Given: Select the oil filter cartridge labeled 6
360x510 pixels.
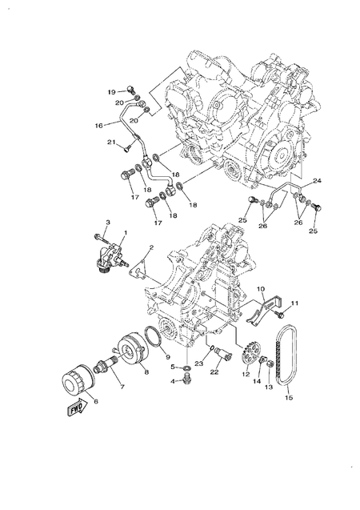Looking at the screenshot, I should click(x=74, y=381).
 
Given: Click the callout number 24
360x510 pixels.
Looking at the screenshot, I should click(x=317, y=180).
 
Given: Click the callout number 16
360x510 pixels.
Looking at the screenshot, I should click(x=98, y=126).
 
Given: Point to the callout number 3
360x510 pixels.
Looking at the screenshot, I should click(x=109, y=221).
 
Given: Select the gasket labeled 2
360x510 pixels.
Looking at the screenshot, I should click(x=142, y=263).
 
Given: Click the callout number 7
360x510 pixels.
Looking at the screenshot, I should click(x=122, y=388).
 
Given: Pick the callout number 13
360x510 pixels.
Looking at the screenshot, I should click(x=269, y=388).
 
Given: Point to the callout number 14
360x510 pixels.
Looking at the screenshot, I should click(x=258, y=383).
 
